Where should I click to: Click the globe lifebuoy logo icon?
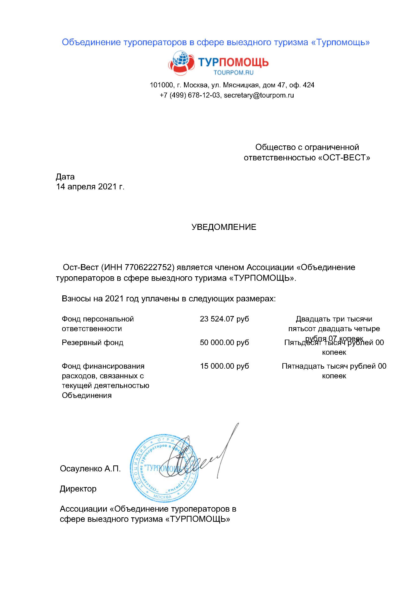pos(181,63)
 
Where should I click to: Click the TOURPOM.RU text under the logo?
pos(233,73)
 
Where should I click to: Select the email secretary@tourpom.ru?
pos(259,95)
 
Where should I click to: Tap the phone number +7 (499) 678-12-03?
pos(190,95)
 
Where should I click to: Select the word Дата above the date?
pos(65,177)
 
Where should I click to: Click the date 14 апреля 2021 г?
pos(90,187)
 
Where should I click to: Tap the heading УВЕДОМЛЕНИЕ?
pos(224,227)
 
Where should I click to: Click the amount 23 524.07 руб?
pos(224,319)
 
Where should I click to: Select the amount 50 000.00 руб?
pos(224,343)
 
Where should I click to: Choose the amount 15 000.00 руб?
pos(224,366)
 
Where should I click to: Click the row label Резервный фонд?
pos(92,343)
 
